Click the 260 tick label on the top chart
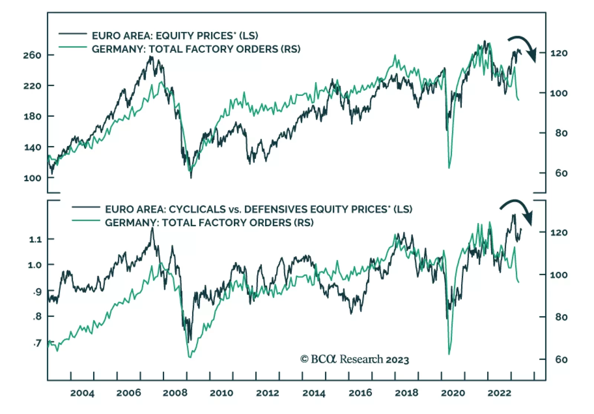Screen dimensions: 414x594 (x=32, y=55)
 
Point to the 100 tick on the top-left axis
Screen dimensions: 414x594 (x=32, y=178)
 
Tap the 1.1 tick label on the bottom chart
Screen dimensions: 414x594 (x=35, y=239)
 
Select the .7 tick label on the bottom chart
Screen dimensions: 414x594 (x=37, y=343)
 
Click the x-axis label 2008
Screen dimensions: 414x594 (x=175, y=393)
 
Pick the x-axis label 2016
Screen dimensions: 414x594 (x=360, y=393)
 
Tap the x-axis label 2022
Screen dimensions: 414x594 (x=499, y=393)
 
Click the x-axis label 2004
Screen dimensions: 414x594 (x=82, y=393)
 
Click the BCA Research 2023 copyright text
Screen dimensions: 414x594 (x=355, y=359)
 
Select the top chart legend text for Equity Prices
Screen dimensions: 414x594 (x=175, y=36)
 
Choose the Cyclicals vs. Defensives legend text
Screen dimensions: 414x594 (x=258, y=209)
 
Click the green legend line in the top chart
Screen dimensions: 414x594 (x=73, y=47)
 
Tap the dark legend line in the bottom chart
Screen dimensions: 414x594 (x=86, y=207)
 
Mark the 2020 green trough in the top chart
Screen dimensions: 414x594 (x=449, y=168)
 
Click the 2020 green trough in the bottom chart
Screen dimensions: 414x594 (x=449, y=354)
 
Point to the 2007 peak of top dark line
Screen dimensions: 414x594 (x=151, y=57)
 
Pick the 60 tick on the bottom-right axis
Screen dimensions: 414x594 (x=561, y=359)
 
